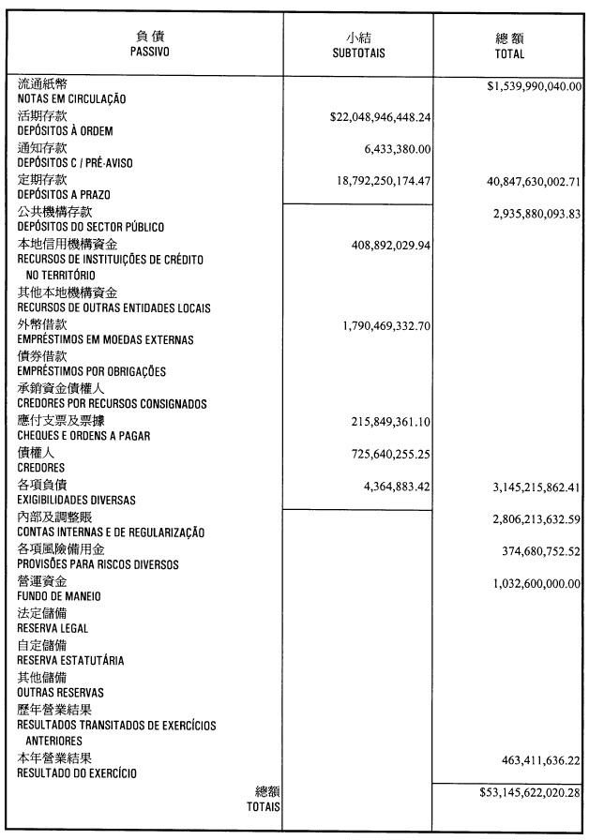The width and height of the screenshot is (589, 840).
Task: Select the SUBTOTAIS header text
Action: pyautogui.click(x=359, y=53)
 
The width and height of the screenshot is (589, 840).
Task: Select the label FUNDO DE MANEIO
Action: pyautogui.click(x=59, y=596)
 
